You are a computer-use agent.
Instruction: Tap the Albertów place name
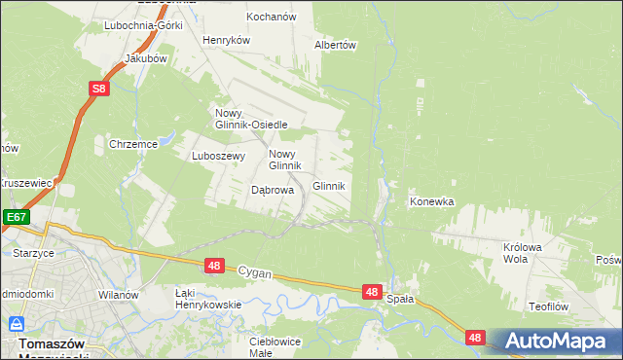pyautogui.click(x=336, y=45)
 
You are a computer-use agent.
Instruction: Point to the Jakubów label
pyautogui.click(x=146, y=58)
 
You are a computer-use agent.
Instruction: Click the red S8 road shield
pyautogui.click(x=97, y=90)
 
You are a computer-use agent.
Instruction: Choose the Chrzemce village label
pyautogui.click(x=133, y=144)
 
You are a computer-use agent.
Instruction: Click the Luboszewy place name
pyautogui.click(x=216, y=155)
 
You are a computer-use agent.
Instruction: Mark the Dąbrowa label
pyautogui.click(x=273, y=191)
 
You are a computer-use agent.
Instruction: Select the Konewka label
pyautogui.click(x=432, y=202)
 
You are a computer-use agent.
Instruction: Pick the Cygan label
pyautogui.click(x=255, y=275)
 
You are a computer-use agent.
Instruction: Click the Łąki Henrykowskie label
pyautogui.click(x=207, y=298)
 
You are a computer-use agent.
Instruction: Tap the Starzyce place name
pyautogui.click(x=33, y=252)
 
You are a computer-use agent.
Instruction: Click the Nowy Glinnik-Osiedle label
pyautogui.click(x=250, y=118)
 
